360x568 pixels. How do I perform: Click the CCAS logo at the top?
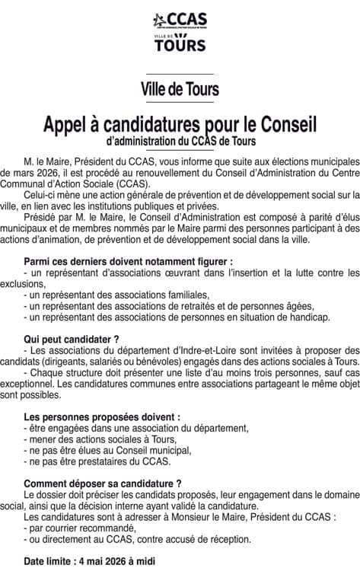click(x=180, y=19)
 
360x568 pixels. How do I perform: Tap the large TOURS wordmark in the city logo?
click(x=180, y=46)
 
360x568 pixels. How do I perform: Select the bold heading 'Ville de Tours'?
click(x=180, y=89)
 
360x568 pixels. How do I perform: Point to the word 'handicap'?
click(x=310, y=316)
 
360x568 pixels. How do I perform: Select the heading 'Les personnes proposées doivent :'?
click(x=102, y=417)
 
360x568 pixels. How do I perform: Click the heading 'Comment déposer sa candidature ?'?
click(x=103, y=483)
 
